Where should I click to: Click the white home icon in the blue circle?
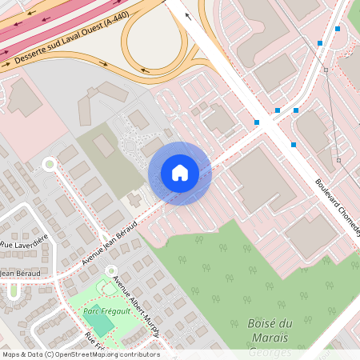[x=180, y=173]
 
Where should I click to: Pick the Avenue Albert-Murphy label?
[x=138, y=305]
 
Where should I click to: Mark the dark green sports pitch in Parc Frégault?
[x=98, y=324]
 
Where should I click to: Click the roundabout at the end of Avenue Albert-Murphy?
[x=111, y=270]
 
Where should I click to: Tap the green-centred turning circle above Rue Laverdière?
[x=49, y=164]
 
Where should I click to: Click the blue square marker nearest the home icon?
[x=257, y=122]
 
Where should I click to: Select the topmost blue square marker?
[x=338, y=29]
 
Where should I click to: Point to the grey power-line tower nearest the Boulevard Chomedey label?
[x=338, y=161]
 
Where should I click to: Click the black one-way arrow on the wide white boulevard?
[x=188, y=15]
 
